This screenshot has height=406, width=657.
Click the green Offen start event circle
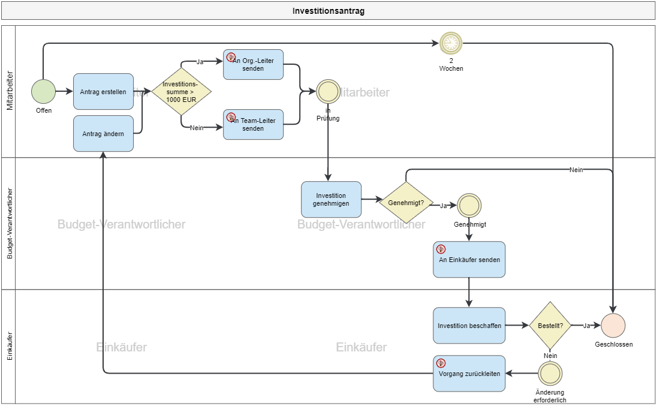tap(43, 92)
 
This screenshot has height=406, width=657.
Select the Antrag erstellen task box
tap(103, 92)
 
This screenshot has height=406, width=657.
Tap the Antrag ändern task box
tap(103, 134)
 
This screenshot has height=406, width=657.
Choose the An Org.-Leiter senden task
tap(253, 64)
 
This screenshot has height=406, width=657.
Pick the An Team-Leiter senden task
tap(253, 124)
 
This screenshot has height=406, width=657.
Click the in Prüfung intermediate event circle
tap(328, 92)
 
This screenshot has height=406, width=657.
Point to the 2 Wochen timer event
tap(451, 43)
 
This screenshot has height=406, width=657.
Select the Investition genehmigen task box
tap(331, 200)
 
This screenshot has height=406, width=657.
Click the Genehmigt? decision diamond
tap(406, 203)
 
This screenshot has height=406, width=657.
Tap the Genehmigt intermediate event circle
tap(469, 206)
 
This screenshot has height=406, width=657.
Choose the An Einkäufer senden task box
tap(469, 260)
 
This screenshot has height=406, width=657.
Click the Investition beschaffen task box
tap(469, 326)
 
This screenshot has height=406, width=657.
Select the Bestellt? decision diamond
tap(550, 326)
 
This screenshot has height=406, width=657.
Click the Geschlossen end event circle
tap(613, 326)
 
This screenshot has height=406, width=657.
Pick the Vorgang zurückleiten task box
tap(469, 374)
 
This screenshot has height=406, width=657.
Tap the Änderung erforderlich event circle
tap(550, 374)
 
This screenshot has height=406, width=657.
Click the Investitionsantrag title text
tap(328, 11)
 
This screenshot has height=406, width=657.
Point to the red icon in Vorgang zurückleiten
tap(441, 363)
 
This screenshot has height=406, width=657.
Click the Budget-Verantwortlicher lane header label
tap(10, 224)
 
